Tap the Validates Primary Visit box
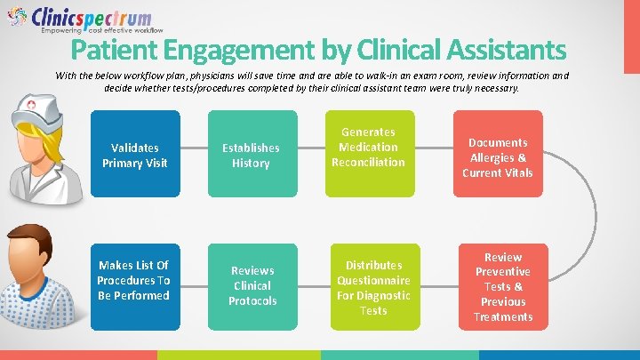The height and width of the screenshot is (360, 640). (134, 155)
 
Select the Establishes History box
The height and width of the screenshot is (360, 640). (251, 155)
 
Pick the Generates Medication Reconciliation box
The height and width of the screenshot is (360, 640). (368, 152)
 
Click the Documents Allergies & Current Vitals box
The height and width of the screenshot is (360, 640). (498, 156)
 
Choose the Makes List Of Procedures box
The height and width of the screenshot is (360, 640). (134, 280)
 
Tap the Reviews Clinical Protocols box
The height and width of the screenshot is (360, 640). (252, 285)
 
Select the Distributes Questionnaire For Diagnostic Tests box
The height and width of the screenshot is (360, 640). (373, 286)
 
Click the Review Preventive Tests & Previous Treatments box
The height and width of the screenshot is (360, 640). (503, 286)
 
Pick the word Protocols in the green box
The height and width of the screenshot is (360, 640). (252, 300)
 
